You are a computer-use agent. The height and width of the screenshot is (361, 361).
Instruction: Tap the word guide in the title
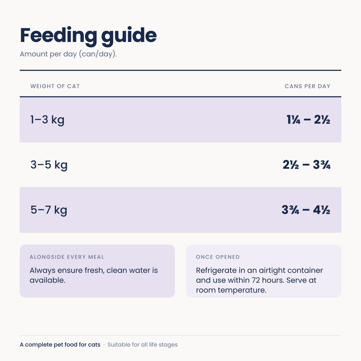tap(129, 36)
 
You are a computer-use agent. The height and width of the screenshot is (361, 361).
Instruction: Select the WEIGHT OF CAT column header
tap(55, 86)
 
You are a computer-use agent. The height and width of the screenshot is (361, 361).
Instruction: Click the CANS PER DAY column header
tap(307, 86)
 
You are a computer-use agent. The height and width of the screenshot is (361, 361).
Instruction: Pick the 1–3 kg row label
tap(47, 120)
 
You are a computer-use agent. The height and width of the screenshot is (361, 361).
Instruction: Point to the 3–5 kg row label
tap(49, 165)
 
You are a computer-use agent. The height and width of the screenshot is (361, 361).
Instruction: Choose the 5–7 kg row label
tap(49, 210)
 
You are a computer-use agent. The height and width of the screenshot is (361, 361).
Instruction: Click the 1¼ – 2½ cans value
tap(308, 120)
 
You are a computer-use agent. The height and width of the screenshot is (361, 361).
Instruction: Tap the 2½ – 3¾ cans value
tap(306, 165)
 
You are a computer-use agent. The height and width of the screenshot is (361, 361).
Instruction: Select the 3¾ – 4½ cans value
tap(306, 210)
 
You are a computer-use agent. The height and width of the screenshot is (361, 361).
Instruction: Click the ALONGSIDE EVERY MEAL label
tap(67, 257)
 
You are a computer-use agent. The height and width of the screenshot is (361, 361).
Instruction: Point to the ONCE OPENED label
tap(218, 257)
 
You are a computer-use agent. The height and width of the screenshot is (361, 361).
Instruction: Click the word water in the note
tap(139, 270)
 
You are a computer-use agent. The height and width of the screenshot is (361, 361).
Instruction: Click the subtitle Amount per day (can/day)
tap(69, 54)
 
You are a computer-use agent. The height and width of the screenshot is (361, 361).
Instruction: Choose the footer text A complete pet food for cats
tap(60, 345)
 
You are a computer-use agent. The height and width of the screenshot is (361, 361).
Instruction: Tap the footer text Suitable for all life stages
tap(143, 345)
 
